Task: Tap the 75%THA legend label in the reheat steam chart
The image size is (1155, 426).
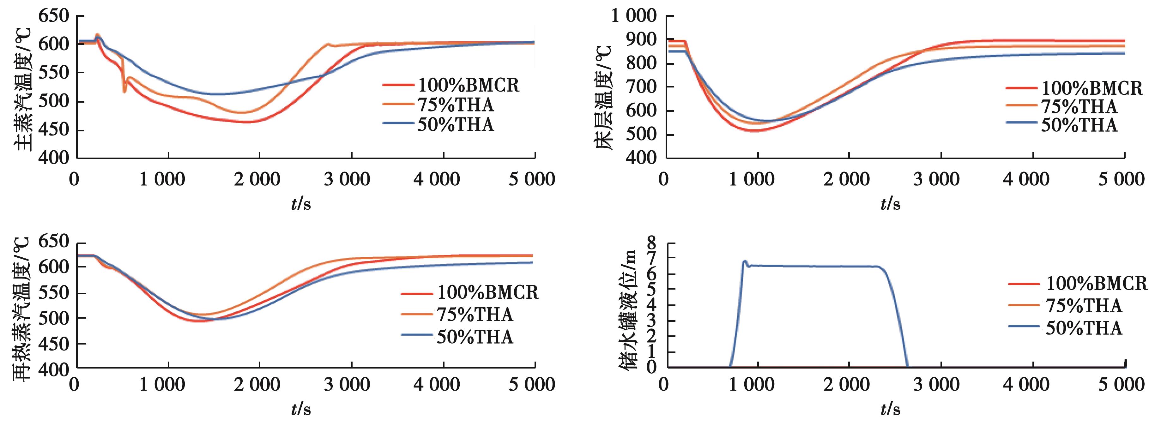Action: coord(475,314)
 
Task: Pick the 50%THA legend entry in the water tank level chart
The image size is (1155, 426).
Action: coord(1084,328)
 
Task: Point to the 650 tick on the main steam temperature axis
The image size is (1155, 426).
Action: coord(54,16)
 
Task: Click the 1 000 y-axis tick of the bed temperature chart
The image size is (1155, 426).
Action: coord(633,16)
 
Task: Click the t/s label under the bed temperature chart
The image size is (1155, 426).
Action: coord(890,204)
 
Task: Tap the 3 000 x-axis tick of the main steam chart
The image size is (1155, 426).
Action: coord(347,179)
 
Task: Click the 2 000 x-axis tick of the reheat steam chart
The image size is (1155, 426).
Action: coord(257,384)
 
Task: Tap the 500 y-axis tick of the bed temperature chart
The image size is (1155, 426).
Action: coord(644,135)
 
